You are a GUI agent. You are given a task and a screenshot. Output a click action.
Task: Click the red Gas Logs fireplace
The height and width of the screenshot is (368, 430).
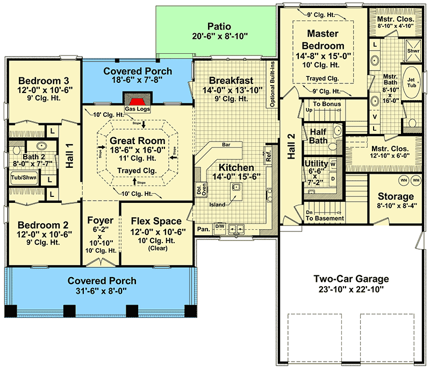138,102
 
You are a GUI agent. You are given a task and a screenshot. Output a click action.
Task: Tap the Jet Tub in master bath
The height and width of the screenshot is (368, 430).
412,82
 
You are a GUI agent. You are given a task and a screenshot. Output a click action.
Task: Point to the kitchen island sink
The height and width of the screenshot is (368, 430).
235,187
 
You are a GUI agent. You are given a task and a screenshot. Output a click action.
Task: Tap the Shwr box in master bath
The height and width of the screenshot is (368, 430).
413,51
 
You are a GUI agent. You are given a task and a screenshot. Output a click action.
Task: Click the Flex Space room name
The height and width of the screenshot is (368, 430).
156,221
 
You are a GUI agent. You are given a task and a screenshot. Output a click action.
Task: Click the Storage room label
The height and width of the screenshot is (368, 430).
395,196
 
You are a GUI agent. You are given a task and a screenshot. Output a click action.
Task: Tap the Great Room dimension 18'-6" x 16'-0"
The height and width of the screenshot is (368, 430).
138,151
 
